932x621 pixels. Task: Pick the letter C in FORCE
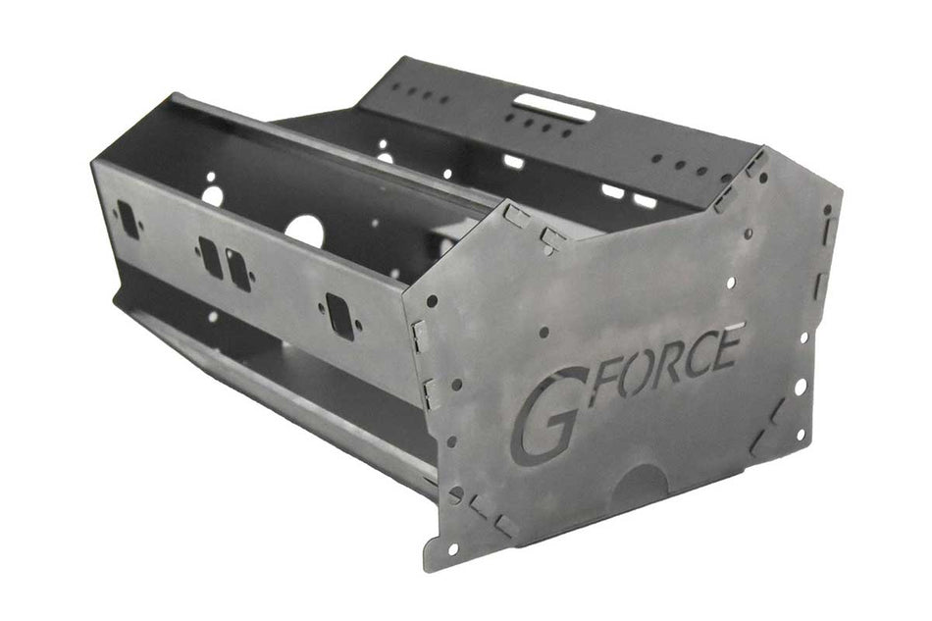[x=700, y=353]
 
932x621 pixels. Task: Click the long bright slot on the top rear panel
[x=554, y=106]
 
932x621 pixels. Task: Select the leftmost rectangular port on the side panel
[x=129, y=219]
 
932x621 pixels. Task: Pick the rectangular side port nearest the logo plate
[x=340, y=316]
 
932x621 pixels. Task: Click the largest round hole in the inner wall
[x=305, y=232]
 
